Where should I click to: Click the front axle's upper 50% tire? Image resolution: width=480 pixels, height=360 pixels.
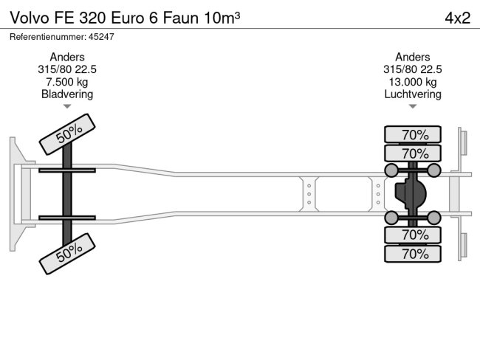(x=67, y=134)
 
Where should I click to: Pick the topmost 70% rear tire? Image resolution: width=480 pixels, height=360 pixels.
(x=413, y=134)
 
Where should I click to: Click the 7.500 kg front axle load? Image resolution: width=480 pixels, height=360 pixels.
(x=67, y=82)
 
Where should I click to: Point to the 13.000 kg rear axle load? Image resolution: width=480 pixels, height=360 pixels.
(x=413, y=82)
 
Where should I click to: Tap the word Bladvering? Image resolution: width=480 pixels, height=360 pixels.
(x=67, y=94)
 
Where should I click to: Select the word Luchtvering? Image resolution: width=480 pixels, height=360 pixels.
(x=413, y=94)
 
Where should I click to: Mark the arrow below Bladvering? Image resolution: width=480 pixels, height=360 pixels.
(x=67, y=106)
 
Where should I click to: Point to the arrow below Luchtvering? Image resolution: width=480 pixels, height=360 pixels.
(x=413, y=106)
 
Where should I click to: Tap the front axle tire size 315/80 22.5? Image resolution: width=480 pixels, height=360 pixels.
(x=67, y=69)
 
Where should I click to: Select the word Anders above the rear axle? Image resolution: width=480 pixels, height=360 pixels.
(x=413, y=57)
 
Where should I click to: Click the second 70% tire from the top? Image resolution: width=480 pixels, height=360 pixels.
(x=413, y=153)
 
